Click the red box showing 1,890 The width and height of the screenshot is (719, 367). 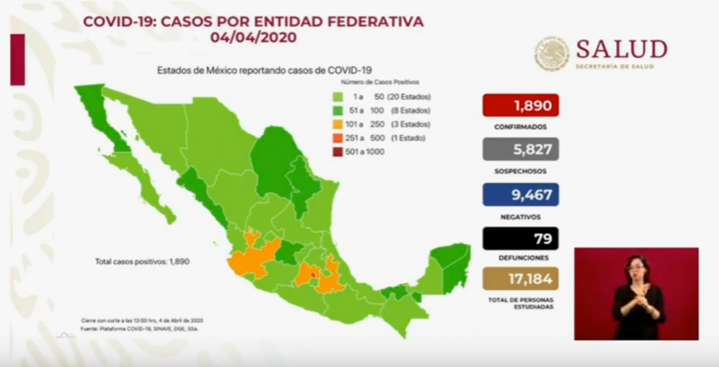coord(520,106)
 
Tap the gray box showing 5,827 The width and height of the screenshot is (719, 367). coord(520,149)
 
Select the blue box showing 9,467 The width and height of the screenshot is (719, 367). coord(520,194)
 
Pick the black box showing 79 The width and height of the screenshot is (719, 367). coord(520,239)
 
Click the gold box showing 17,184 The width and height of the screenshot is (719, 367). coord(520,278)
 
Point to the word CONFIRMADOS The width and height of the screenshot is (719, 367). coord(520,126)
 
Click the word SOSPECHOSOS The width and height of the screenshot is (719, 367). coord(520,171)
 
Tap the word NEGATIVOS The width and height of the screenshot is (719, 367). coord(520,216)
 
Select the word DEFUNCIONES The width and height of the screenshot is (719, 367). coord(520,257)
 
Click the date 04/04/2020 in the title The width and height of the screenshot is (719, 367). coord(253,38)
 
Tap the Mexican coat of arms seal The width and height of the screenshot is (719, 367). coord(552,54)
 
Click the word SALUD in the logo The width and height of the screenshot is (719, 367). coord(621,49)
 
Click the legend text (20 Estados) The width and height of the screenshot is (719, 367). coord(410,97)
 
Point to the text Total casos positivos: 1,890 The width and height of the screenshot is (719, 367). coord(142,261)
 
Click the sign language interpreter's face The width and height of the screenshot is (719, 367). coord(636,268)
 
